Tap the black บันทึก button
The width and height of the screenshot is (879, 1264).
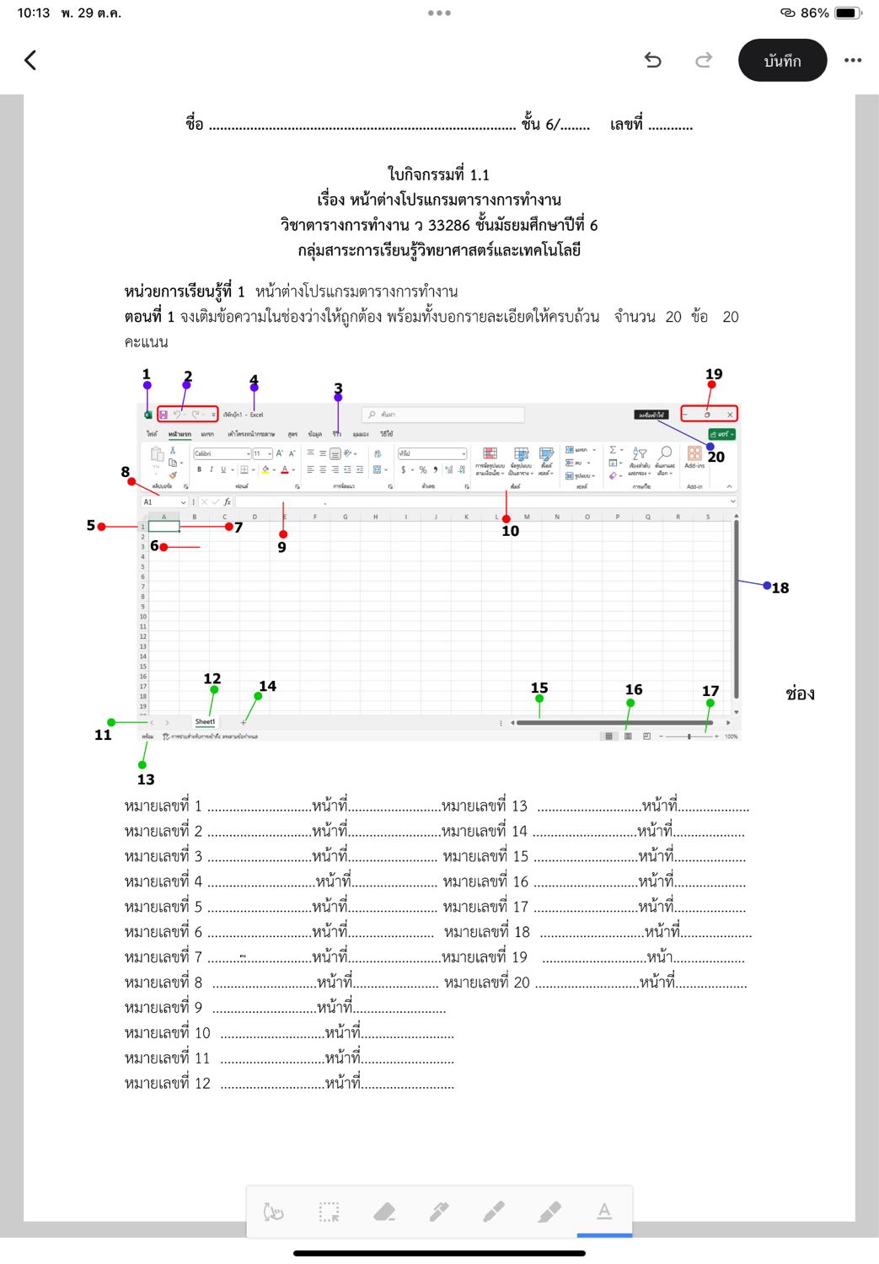782,61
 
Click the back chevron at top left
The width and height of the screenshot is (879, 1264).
31,60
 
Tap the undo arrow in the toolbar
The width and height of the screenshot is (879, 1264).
652,60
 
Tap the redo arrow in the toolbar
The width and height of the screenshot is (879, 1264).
704,60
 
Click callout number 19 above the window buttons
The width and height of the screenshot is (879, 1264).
714,374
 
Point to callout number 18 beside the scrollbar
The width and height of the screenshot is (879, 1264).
780,588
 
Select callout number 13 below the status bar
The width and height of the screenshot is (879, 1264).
146,779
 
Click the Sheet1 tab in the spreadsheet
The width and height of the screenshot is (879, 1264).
205,722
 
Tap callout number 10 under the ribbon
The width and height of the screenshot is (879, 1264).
510,531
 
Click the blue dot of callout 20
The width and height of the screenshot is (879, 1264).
710,447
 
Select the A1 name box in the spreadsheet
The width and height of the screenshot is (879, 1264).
163,502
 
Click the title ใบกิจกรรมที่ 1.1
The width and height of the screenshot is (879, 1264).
438,174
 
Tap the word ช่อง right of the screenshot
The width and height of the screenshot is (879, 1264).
800,694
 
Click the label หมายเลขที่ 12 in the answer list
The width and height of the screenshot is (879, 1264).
167,1084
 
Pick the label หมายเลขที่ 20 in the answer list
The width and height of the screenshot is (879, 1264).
487,983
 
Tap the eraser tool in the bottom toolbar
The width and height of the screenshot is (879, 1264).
384,1213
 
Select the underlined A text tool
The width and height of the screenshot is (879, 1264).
604,1212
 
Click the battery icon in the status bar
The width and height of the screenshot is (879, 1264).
847,13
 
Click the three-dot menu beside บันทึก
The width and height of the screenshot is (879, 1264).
853,61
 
